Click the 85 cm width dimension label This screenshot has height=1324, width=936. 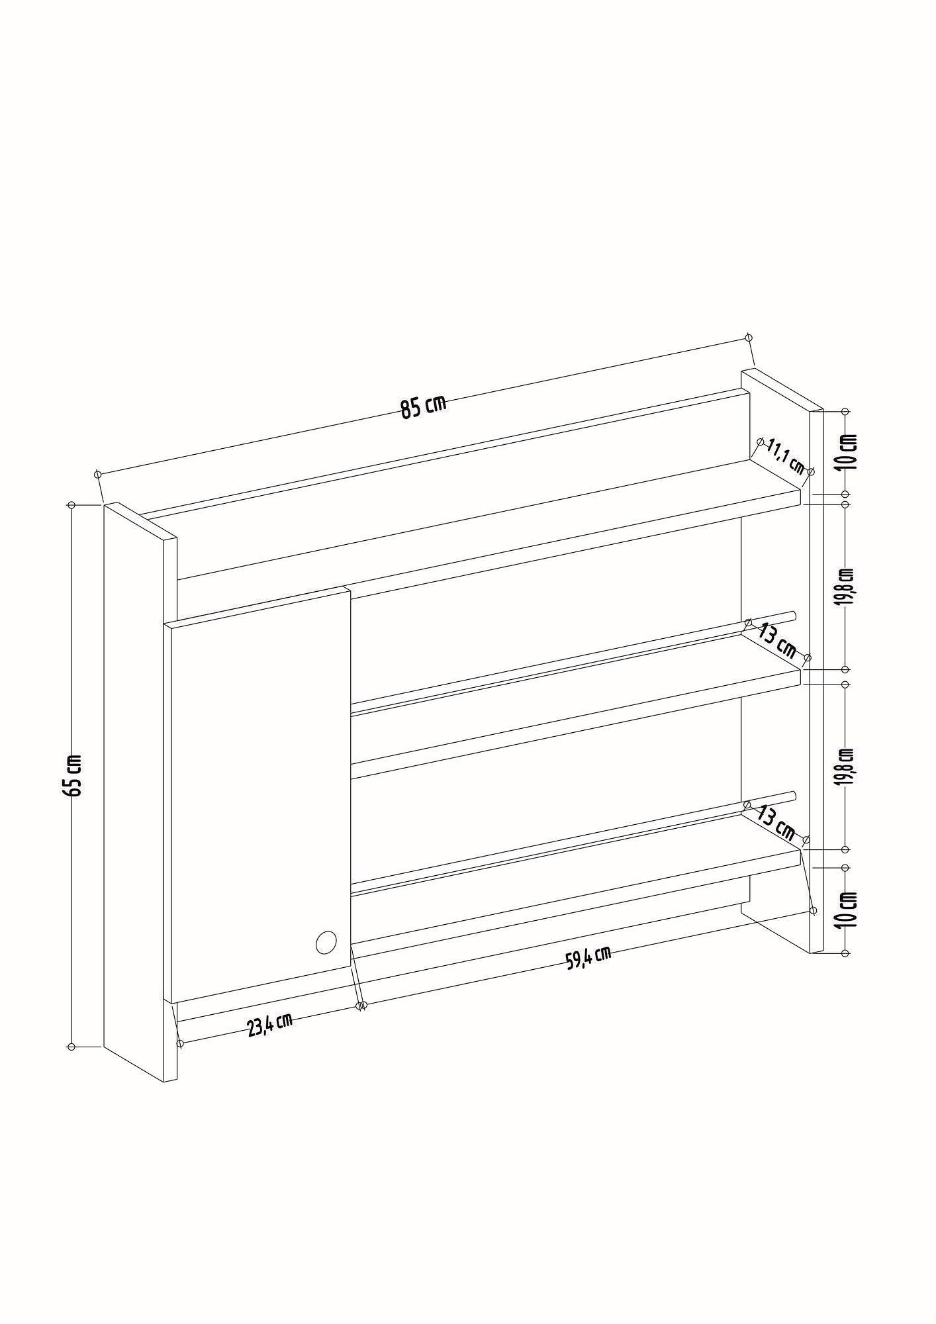(x=424, y=406)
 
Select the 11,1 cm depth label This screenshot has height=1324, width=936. (x=786, y=457)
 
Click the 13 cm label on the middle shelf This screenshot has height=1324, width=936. (x=777, y=640)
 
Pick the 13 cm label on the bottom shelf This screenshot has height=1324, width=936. (x=775, y=822)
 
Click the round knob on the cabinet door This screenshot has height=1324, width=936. (x=326, y=941)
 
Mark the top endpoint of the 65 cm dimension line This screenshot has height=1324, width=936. (x=71, y=505)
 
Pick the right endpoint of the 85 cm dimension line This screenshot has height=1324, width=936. (x=749, y=338)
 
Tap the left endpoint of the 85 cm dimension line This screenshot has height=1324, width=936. (x=98, y=474)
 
